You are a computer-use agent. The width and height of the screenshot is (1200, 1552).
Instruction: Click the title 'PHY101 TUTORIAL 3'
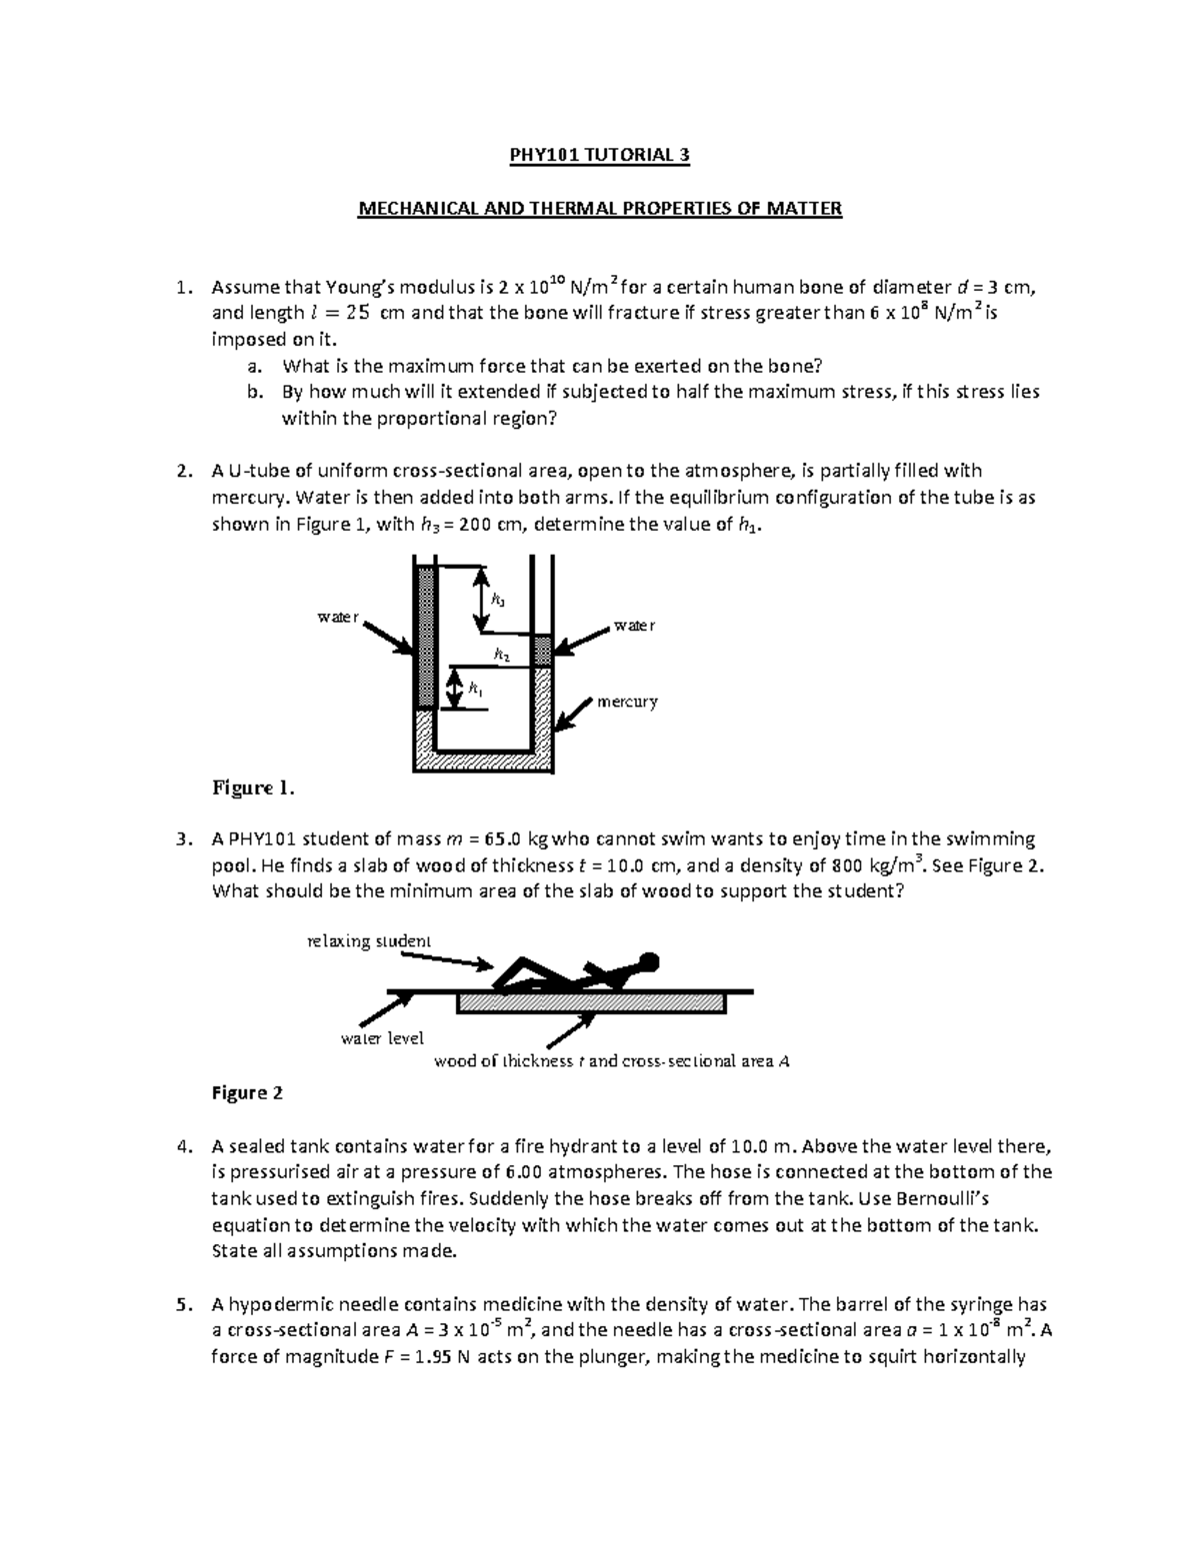click(x=599, y=155)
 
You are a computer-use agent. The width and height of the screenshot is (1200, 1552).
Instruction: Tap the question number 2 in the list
click(x=181, y=471)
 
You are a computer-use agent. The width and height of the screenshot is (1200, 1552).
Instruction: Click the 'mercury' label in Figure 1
click(x=627, y=702)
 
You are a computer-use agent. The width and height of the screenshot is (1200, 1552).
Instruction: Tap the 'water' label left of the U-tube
click(x=337, y=618)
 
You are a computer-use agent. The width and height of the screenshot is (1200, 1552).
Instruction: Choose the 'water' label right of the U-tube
click(x=634, y=626)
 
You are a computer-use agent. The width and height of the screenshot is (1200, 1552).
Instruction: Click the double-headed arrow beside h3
click(x=481, y=601)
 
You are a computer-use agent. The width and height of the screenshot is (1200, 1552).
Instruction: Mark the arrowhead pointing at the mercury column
click(x=566, y=724)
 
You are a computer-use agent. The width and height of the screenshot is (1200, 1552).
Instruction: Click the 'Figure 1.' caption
click(x=253, y=788)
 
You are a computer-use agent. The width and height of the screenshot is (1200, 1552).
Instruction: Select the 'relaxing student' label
click(x=368, y=940)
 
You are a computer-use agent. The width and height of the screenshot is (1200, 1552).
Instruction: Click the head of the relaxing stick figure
click(x=649, y=962)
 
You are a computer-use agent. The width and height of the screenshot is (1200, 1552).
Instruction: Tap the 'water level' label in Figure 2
click(x=382, y=1038)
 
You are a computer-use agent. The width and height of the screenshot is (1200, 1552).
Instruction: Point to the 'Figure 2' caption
click(x=248, y=1093)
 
